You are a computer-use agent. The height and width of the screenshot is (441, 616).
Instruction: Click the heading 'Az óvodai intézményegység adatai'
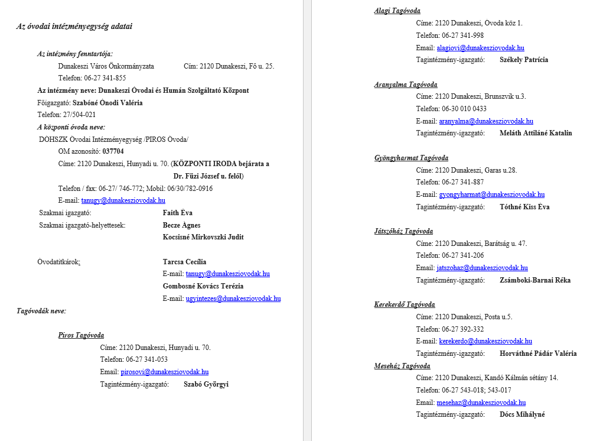point(74,27)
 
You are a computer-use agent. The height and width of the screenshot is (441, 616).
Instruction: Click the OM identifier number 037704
point(113,151)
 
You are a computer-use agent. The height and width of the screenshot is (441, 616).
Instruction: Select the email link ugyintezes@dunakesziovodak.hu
point(233,299)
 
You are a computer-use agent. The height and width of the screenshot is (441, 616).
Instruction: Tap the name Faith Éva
point(178,213)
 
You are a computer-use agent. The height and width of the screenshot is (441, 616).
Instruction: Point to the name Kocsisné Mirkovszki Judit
point(203,237)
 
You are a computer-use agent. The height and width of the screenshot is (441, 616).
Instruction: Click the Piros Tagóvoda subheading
point(81,335)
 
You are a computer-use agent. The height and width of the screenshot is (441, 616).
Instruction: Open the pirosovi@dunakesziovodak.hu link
point(165,372)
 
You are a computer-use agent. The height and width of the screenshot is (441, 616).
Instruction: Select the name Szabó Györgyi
point(206,384)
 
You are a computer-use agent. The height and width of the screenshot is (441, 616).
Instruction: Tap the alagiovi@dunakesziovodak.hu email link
point(480,48)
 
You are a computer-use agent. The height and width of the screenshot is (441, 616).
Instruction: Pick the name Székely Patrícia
point(524,60)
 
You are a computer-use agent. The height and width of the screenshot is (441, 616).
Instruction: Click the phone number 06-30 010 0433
point(464,109)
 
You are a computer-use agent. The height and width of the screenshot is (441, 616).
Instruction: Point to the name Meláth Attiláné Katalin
point(536,133)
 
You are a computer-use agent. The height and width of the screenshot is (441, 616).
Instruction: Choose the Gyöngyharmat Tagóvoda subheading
point(411,158)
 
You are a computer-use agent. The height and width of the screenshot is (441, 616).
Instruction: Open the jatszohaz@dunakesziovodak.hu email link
point(482,268)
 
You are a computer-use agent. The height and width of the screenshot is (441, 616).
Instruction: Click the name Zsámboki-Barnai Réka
point(535,280)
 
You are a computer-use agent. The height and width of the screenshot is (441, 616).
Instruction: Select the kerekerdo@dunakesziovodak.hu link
point(485,341)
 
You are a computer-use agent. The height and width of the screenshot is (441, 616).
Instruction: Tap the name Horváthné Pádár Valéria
point(538,354)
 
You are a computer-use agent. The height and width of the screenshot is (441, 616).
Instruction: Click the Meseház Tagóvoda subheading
point(402,366)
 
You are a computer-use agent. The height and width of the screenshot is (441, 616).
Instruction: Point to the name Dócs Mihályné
point(522,414)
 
